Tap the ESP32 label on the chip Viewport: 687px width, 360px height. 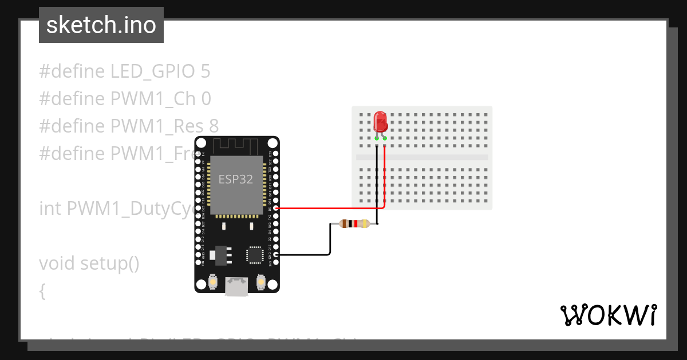(236, 178)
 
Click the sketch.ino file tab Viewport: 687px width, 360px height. (101, 25)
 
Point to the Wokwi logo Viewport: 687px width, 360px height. (608, 315)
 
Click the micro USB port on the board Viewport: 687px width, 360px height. (236, 286)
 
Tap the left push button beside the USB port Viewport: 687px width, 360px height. (212, 282)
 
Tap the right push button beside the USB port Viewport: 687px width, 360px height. (261, 282)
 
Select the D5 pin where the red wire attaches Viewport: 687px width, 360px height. (276, 209)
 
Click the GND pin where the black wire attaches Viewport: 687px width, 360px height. (276, 254)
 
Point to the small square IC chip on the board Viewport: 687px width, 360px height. (255, 255)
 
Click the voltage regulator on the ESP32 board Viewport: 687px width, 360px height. (219, 255)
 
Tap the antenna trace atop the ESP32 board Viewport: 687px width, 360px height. (236, 145)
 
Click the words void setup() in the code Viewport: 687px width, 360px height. (89, 263)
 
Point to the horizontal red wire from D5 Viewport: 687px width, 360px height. (326, 209)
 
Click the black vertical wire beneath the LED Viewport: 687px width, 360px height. (377, 183)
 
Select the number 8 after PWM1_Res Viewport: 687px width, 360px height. (214, 126)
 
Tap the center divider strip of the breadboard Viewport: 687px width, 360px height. (422, 157)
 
